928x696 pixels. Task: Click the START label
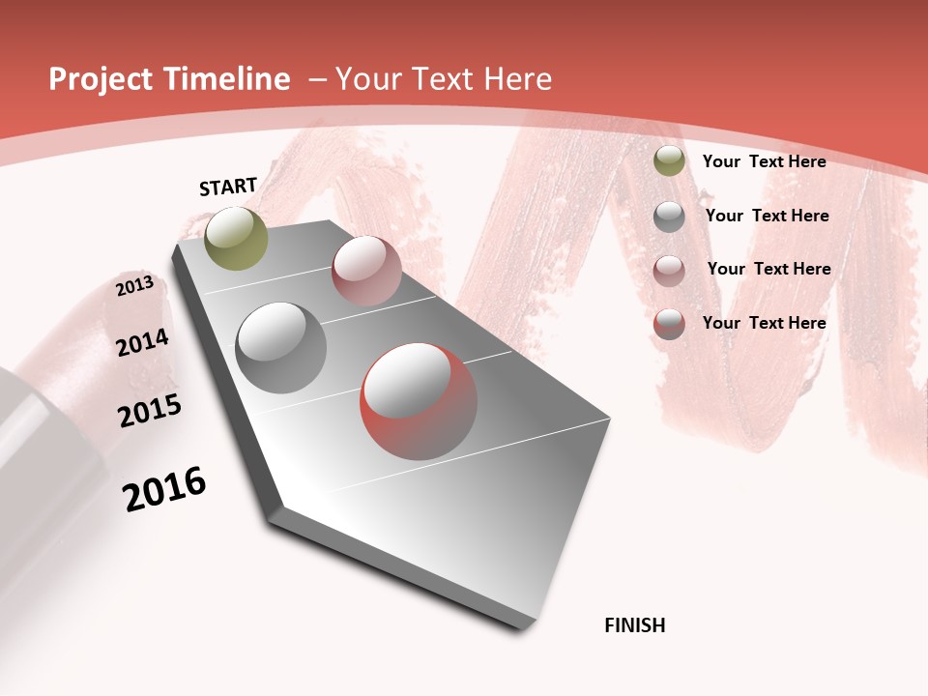pyautogui.click(x=228, y=187)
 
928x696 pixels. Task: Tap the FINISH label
pyautogui.click(x=635, y=625)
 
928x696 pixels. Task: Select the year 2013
pyautogui.click(x=135, y=286)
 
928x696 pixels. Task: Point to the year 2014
pyautogui.click(x=142, y=342)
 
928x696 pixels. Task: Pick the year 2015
pyautogui.click(x=150, y=411)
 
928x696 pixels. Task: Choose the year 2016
pyautogui.click(x=164, y=489)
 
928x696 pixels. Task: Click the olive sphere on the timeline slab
pyautogui.click(x=236, y=238)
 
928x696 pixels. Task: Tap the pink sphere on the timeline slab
pyautogui.click(x=366, y=271)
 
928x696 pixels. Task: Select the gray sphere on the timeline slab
pyautogui.click(x=281, y=348)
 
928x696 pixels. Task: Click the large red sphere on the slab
pyautogui.click(x=419, y=401)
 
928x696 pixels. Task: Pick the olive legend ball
pyautogui.click(x=669, y=161)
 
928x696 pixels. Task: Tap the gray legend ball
pyautogui.click(x=669, y=217)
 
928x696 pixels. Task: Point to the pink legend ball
pyautogui.click(x=669, y=270)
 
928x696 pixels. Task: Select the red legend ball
pyautogui.click(x=669, y=324)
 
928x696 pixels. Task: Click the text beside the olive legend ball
pyautogui.click(x=764, y=162)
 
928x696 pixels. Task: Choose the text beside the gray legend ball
pyautogui.click(x=767, y=216)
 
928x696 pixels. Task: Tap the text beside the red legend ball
pyautogui.click(x=764, y=323)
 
